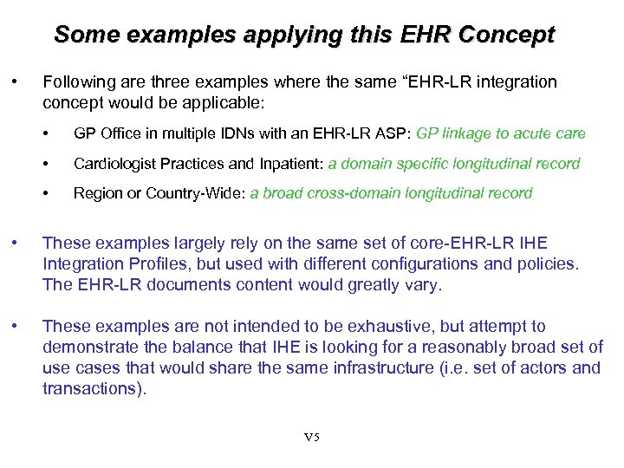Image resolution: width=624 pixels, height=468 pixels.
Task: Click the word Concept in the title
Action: [x=506, y=36]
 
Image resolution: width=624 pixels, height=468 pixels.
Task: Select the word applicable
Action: [x=233, y=103]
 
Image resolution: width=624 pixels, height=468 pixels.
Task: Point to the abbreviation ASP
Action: [x=391, y=133]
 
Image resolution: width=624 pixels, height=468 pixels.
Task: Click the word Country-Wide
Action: [x=202, y=193]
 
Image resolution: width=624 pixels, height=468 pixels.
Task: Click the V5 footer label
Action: [x=312, y=437]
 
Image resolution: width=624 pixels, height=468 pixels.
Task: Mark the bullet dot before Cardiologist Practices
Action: [x=55, y=164]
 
